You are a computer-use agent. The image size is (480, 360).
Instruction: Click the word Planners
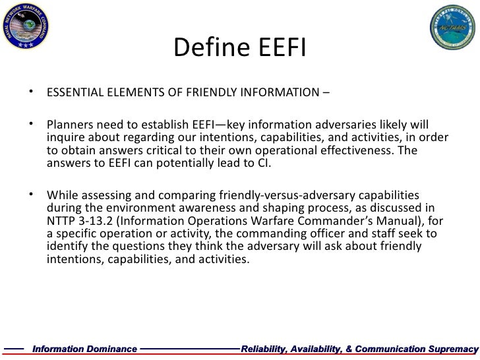pyautogui.click(x=69, y=126)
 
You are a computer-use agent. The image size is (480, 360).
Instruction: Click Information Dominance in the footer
pyautogui.click(x=85, y=347)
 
